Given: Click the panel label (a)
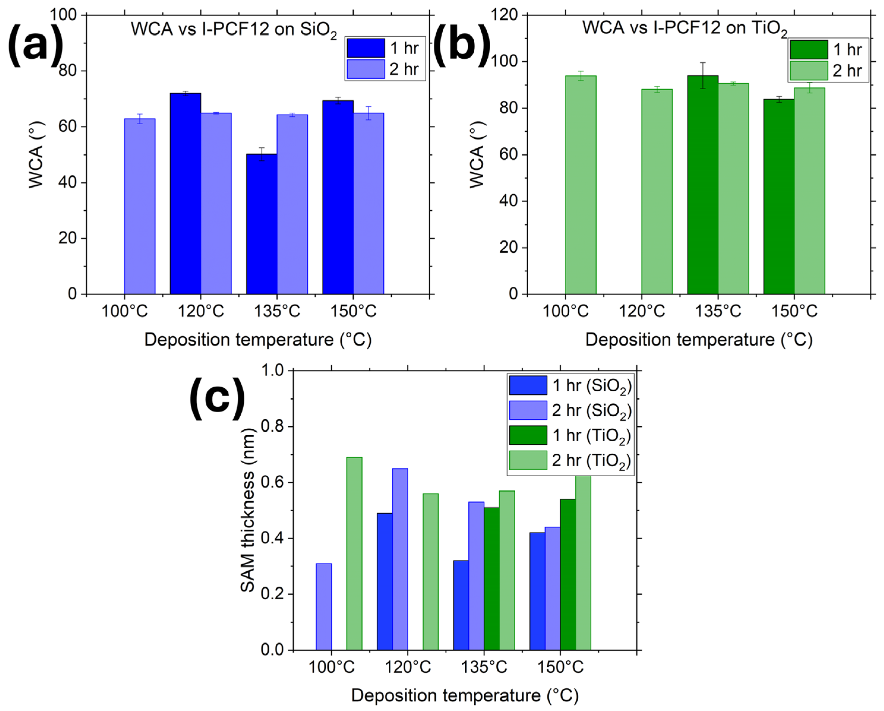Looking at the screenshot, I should click(36, 46).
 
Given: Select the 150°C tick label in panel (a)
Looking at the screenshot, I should click(353, 311).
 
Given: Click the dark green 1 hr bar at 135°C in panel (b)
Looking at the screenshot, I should click(703, 185).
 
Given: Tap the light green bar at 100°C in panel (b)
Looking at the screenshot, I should click(581, 185).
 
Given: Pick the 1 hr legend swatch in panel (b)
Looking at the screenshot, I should click(809, 50).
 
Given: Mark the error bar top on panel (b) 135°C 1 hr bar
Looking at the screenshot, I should click(703, 63).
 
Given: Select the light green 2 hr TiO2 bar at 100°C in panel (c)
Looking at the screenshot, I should click(354, 554).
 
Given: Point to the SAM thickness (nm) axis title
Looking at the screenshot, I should click(248, 510).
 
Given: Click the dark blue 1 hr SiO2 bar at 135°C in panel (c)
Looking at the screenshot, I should click(461, 605).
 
